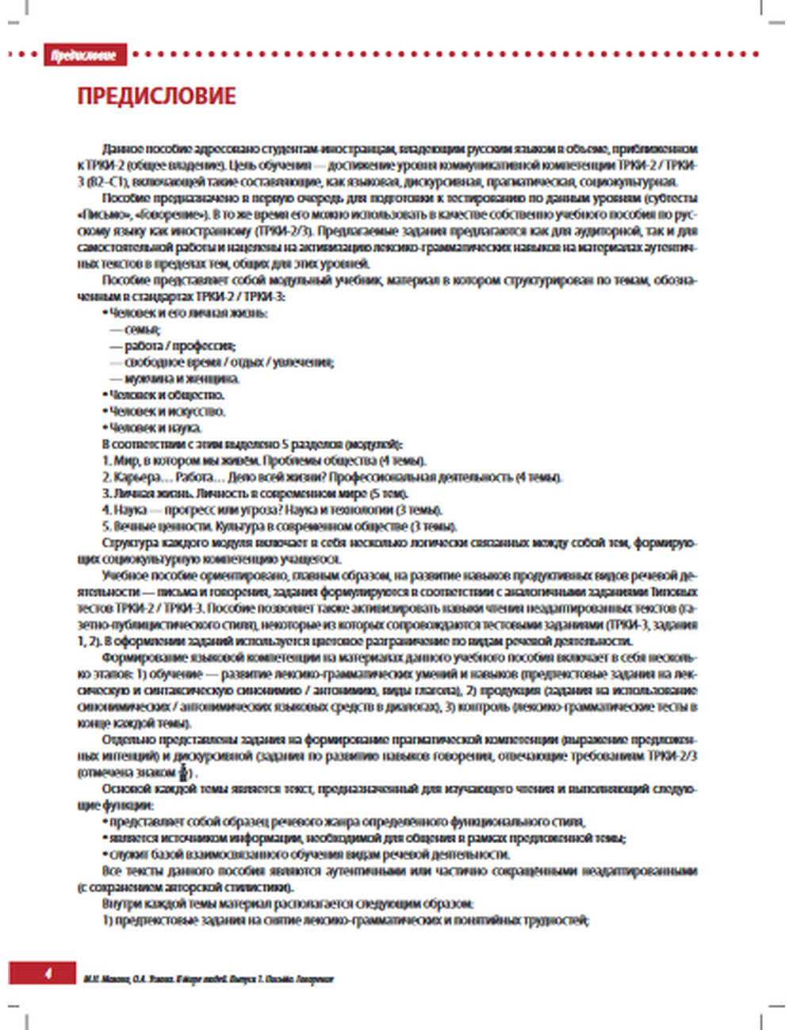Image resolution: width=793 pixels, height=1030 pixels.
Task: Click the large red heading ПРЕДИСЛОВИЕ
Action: click(x=156, y=96)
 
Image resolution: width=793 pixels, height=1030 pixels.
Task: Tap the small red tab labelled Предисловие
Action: click(x=84, y=55)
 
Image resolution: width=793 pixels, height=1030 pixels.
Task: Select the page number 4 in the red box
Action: click(x=48, y=972)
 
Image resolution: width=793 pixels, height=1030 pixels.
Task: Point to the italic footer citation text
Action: click(x=208, y=979)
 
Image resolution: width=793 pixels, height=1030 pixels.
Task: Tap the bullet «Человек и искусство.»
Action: click(x=167, y=411)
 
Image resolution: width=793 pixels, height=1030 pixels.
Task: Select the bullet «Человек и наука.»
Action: click(x=155, y=428)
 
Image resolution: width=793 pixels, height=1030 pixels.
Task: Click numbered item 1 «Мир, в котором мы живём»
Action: click(x=264, y=460)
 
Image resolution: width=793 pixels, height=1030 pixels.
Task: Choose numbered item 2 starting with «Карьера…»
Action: click(x=331, y=477)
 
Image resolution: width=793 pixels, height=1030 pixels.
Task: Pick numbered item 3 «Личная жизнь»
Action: click(x=255, y=494)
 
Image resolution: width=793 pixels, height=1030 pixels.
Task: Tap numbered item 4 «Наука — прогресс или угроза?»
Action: click(x=272, y=509)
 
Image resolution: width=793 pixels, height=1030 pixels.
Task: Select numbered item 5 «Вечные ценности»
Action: click(x=279, y=526)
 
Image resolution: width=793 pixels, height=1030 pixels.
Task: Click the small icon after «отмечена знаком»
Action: click(x=183, y=772)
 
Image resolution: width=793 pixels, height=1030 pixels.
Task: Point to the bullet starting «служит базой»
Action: click(x=309, y=854)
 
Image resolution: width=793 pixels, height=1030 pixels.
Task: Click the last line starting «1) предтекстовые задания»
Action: click(x=345, y=920)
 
